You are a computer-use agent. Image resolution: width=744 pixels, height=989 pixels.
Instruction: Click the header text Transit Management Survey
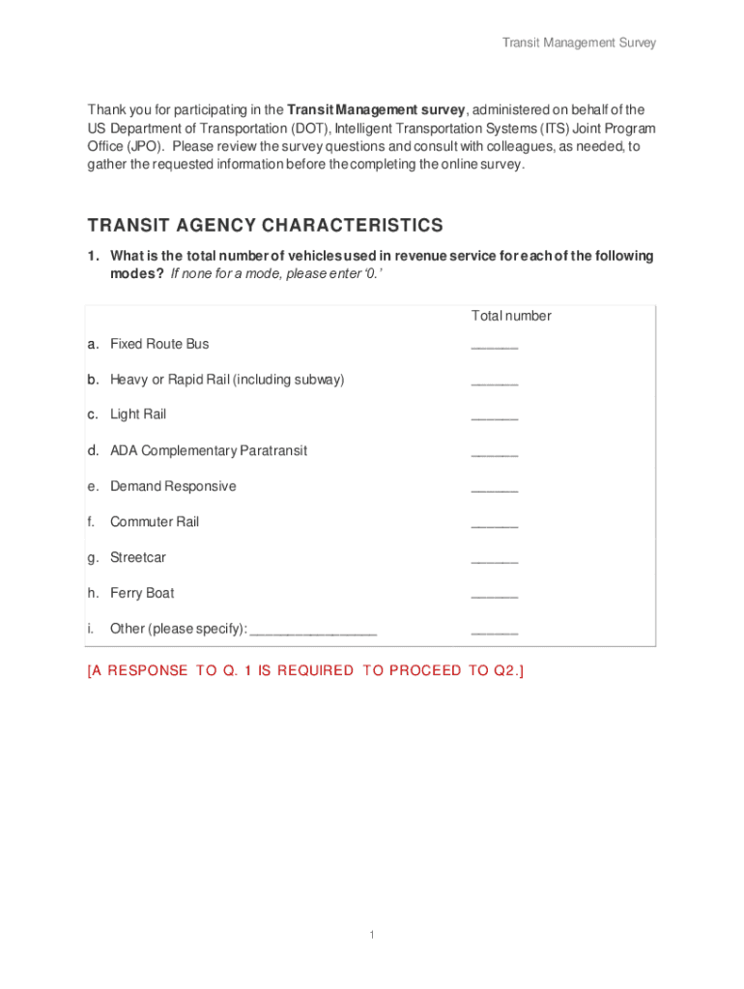(x=579, y=42)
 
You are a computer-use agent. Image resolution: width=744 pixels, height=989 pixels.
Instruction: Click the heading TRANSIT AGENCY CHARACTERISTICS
(x=265, y=226)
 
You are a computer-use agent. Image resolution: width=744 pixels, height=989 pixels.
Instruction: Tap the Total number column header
(x=511, y=316)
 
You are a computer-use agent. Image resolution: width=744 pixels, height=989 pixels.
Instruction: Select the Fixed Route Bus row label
(x=159, y=344)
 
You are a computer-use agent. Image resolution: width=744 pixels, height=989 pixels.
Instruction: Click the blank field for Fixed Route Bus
(x=495, y=346)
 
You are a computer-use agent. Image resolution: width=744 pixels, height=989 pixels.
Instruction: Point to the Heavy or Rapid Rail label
(x=227, y=380)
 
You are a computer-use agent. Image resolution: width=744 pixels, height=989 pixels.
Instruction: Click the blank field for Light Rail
(x=495, y=417)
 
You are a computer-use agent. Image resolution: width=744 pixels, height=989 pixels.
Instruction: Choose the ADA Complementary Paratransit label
(x=209, y=450)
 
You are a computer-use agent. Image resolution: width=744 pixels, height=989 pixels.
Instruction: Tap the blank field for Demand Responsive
(x=495, y=489)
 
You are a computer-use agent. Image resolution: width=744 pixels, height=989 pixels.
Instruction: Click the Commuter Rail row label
(x=155, y=522)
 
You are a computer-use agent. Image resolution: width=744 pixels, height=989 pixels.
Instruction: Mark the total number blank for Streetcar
(x=495, y=560)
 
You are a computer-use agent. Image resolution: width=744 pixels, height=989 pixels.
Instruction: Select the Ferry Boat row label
(x=142, y=593)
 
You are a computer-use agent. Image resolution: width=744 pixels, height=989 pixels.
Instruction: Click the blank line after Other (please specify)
(x=313, y=632)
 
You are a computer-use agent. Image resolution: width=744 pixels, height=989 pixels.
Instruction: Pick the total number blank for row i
(x=495, y=632)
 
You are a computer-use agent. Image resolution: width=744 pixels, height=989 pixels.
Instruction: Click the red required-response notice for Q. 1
(x=305, y=671)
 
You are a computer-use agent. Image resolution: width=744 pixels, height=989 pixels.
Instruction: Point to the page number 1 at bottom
(x=372, y=935)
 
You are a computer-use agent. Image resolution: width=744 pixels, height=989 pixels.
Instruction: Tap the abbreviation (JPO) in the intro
(x=145, y=146)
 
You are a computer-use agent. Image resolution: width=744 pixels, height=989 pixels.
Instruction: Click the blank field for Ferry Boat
(x=495, y=596)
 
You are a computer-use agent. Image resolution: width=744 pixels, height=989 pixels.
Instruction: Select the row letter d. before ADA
(x=93, y=450)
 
